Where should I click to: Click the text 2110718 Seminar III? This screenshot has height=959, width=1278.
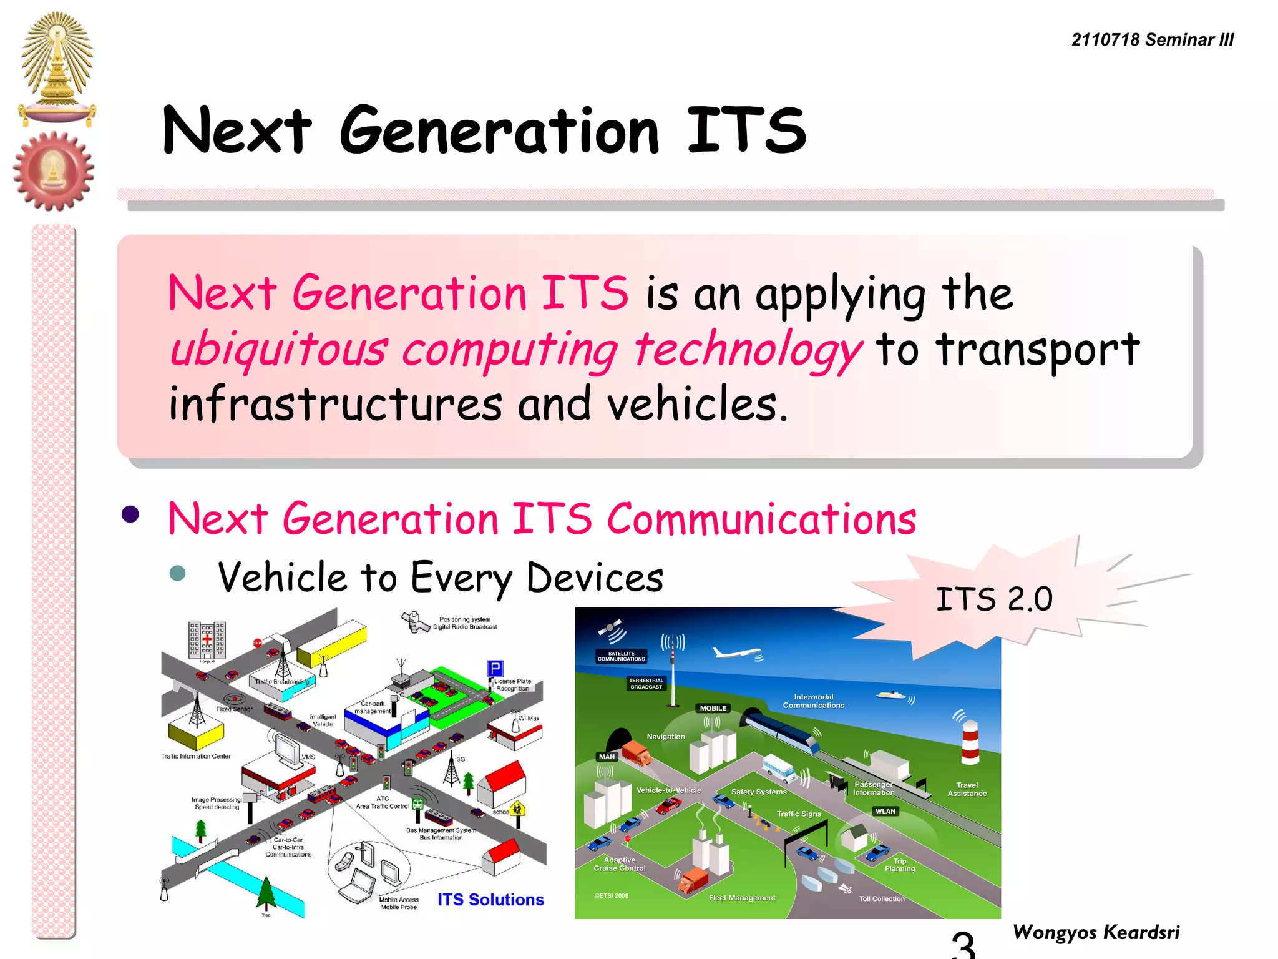1152,40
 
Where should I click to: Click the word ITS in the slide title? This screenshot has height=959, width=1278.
746,130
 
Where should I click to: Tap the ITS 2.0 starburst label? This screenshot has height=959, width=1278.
993,599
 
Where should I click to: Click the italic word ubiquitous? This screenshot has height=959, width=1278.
279,349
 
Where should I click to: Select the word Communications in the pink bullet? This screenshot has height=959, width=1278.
761,519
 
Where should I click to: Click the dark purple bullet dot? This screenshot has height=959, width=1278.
130,514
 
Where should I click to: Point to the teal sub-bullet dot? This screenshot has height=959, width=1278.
178,573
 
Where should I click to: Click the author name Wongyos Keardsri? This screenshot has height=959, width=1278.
1096,932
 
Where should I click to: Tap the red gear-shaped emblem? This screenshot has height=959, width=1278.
54,171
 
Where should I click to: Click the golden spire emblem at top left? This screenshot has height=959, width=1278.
57,66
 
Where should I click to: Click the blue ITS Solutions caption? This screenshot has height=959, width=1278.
490,900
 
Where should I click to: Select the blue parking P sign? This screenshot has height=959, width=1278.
495,669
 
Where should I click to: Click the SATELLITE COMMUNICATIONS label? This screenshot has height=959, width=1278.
621,656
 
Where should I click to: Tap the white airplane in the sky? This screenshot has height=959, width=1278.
737,653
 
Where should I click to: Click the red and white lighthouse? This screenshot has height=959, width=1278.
970,742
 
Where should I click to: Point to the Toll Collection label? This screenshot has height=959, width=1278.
881,898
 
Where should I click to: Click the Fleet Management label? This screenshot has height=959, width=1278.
741,898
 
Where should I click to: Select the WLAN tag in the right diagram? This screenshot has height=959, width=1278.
885,811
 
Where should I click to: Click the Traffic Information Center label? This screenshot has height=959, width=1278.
196,756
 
